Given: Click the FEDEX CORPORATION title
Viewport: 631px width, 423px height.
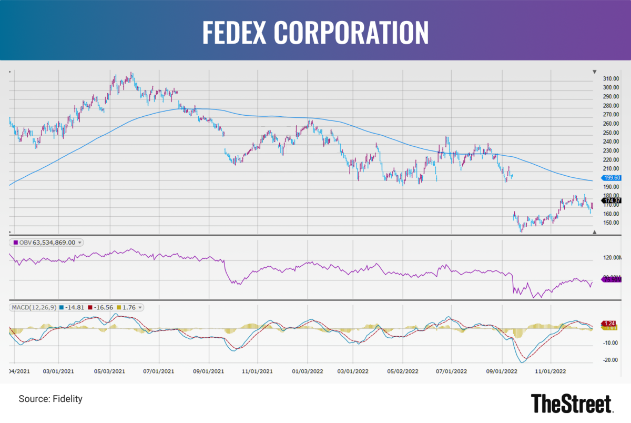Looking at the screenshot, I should (315, 33).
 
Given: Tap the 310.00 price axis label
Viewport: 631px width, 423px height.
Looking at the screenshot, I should (610, 78).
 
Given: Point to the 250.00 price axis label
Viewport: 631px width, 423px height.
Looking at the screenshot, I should (610, 133).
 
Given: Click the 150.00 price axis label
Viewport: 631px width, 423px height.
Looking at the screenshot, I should (610, 223).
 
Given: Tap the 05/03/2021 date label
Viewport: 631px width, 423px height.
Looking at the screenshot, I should (110, 370).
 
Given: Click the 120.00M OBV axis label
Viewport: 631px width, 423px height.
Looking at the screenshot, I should (610, 258).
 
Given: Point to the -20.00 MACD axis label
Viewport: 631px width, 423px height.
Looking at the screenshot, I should (610, 360).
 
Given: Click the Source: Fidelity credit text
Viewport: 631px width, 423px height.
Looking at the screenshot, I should (50, 399).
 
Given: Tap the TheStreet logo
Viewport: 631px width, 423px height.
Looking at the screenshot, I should (572, 404).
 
